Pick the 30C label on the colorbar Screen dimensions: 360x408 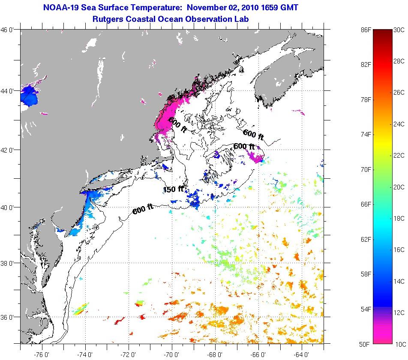point(399,30)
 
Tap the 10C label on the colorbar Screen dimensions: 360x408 point(399,343)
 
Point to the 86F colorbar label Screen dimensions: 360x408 point(366,30)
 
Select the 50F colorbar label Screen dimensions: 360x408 point(366,343)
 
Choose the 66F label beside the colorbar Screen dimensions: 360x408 point(366,204)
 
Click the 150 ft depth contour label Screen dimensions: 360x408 point(173,189)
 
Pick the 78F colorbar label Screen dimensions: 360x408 point(366,99)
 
